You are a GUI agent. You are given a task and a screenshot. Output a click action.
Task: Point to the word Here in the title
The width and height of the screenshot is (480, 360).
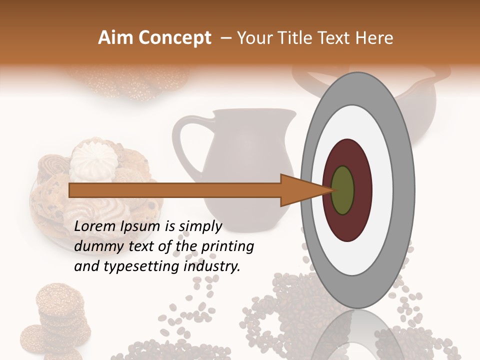pyautogui.click(x=374, y=38)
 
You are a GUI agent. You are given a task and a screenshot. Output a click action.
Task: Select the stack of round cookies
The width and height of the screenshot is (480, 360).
pyautogui.click(x=57, y=315)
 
